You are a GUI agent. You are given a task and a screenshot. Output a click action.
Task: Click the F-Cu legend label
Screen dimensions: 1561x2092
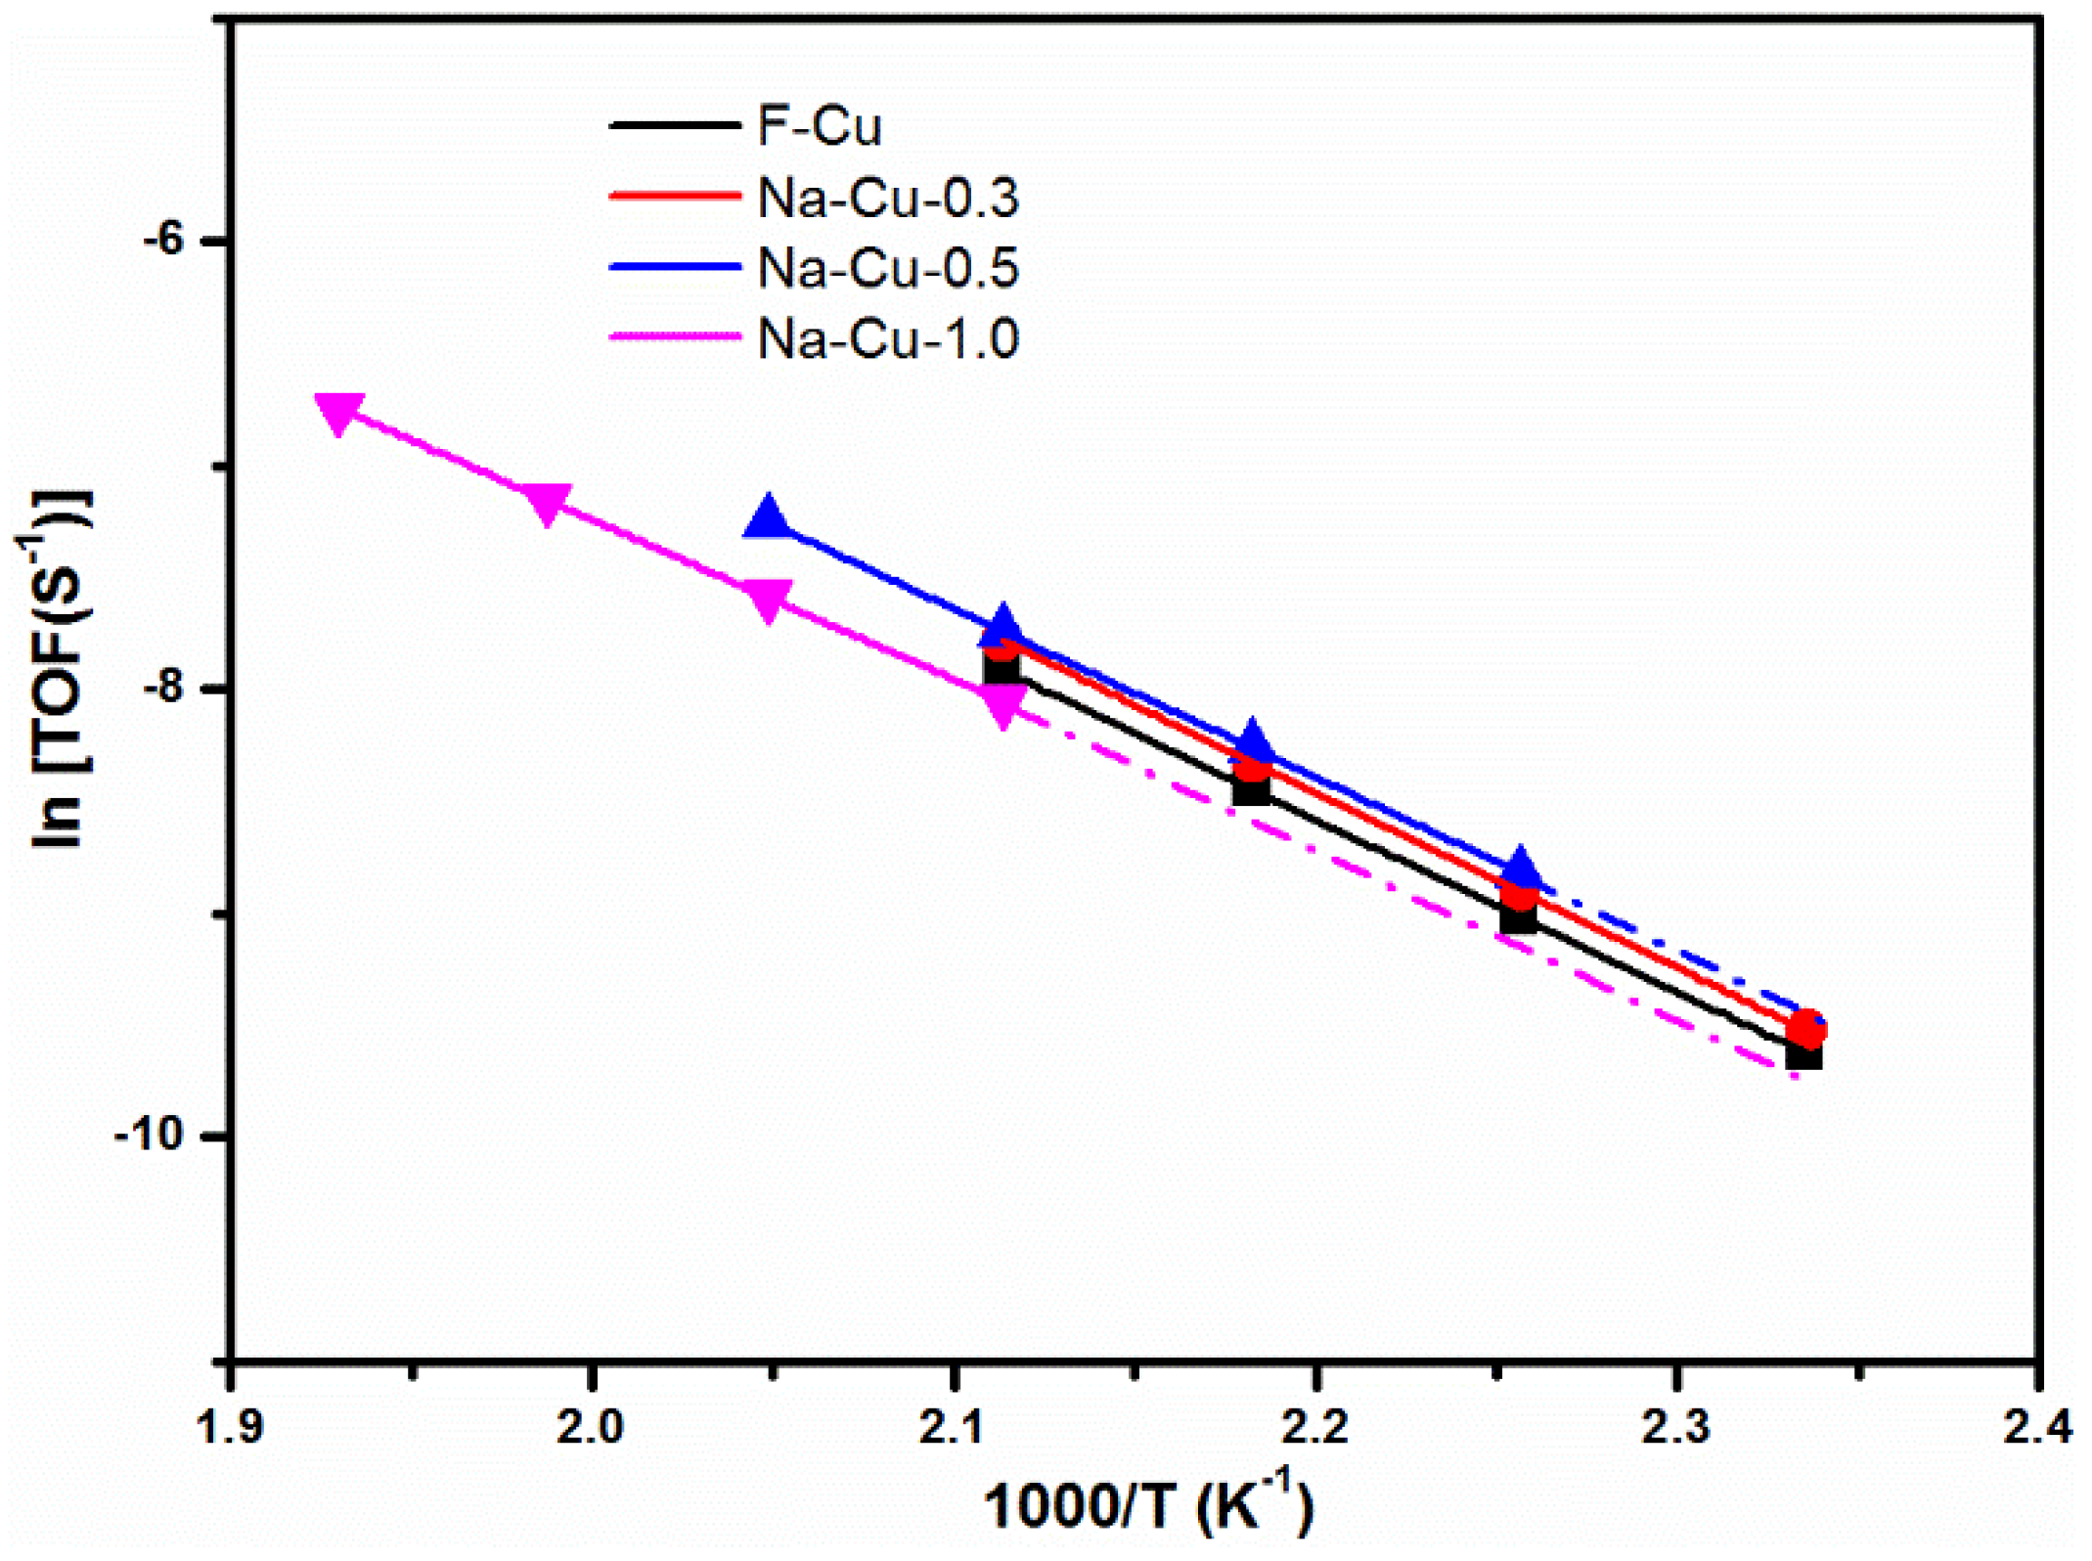tap(819, 127)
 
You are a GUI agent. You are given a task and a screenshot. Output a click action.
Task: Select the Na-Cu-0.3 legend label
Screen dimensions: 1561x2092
tap(887, 199)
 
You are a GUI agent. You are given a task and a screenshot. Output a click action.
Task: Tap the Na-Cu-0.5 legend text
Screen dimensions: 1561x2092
tap(887, 268)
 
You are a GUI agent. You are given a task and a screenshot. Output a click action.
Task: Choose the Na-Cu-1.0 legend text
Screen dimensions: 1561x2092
tap(887, 339)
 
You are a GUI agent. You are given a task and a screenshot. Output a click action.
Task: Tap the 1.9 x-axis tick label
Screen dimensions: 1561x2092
tap(230, 1427)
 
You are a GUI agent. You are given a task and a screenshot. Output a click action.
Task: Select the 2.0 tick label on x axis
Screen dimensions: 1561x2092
tap(591, 1427)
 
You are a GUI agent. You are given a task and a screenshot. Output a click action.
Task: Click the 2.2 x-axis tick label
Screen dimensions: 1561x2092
tap(1314, 1427)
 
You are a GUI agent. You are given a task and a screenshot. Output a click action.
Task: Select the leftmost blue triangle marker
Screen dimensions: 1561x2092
tap(769, 517)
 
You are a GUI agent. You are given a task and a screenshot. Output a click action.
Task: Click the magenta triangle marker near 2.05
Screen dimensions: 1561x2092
tap(768, 598)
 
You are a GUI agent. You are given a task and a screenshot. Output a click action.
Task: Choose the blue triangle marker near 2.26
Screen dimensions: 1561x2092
tap(1520, 869)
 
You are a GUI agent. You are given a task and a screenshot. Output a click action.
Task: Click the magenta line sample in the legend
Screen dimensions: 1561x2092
tap(675, 337)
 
